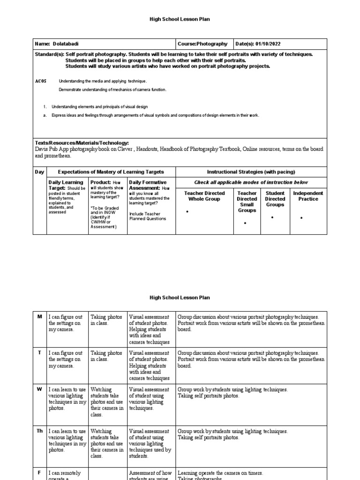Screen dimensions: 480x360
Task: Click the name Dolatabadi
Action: tap(63, 44)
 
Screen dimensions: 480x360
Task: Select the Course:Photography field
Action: tap(202, 44)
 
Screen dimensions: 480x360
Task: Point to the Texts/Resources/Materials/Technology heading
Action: tap(82, 143)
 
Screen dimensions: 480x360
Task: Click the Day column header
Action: tap(39, 172)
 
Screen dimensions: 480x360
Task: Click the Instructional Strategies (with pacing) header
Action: tap(251, 172)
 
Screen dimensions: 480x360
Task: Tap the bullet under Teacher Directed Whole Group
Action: tap(187, 212)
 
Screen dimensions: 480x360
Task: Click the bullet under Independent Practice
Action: tap(301, 218)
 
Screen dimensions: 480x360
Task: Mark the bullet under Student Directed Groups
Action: tap(272, 218)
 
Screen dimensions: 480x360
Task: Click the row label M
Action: tap(39, 317)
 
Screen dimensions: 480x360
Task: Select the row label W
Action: tap(39, 390)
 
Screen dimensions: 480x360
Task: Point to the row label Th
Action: tap(39, 431)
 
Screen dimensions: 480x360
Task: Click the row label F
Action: tap(39, 472)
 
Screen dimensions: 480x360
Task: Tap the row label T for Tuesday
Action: tap(39, 353)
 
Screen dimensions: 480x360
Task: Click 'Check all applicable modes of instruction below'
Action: tap(251, 182)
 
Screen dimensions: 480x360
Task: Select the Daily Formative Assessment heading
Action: tap(147, 185)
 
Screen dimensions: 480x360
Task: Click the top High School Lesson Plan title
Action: tap(180, 19)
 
